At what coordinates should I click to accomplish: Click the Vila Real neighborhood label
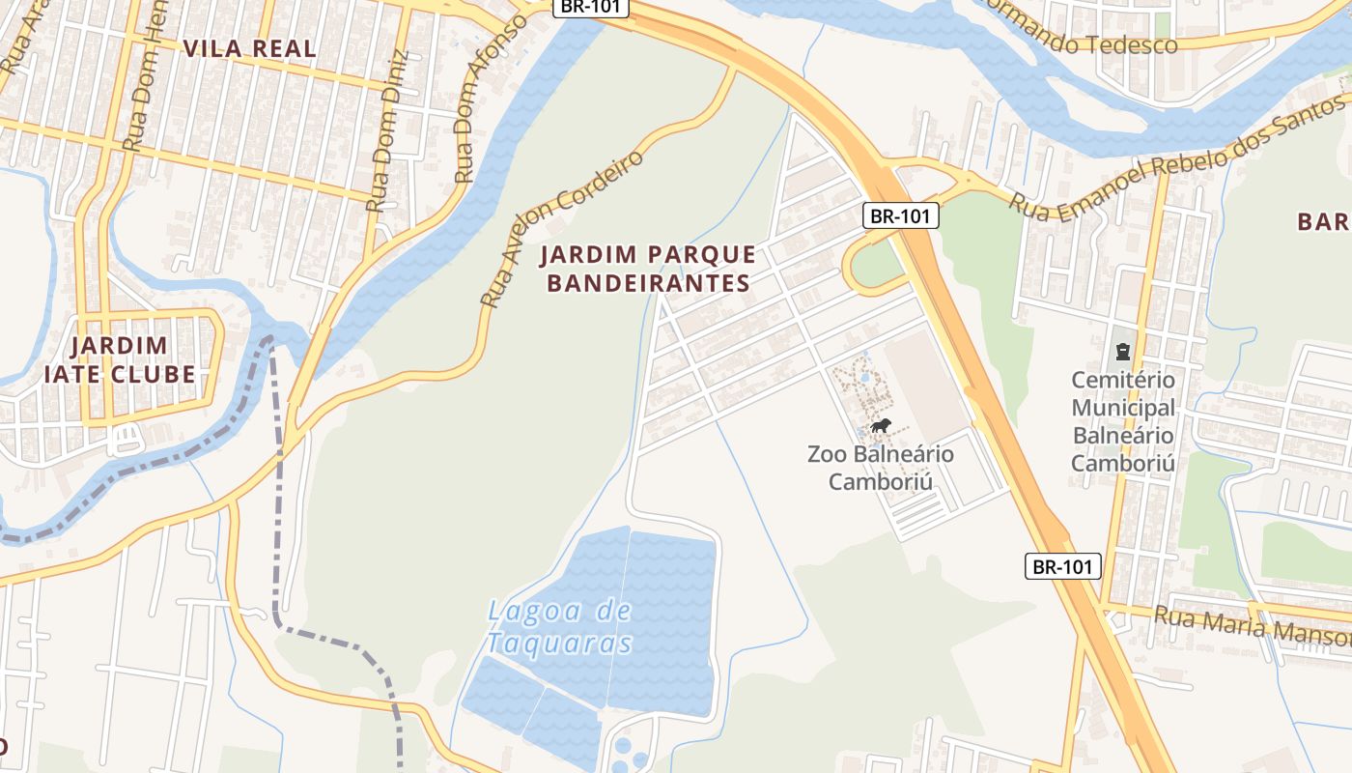[x=249, y=48]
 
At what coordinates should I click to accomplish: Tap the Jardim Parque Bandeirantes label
[x=647, y=269]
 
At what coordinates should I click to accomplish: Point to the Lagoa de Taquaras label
[x=559, y=626]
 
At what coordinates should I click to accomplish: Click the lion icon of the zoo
[x=880, y=425]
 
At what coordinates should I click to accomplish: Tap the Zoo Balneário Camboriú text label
[x=880, y=467]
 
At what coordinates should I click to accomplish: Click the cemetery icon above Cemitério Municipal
[x=1122, y=350]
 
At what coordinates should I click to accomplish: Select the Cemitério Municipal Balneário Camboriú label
[x=1123, y=421]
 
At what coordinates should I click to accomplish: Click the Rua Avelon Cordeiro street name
[x=563, y=229]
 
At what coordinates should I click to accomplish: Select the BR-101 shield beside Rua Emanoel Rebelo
[x=900, y=215]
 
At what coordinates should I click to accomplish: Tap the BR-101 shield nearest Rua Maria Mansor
[x=1062, y=566]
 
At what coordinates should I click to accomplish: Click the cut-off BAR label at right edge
[x=1323, y=221]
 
